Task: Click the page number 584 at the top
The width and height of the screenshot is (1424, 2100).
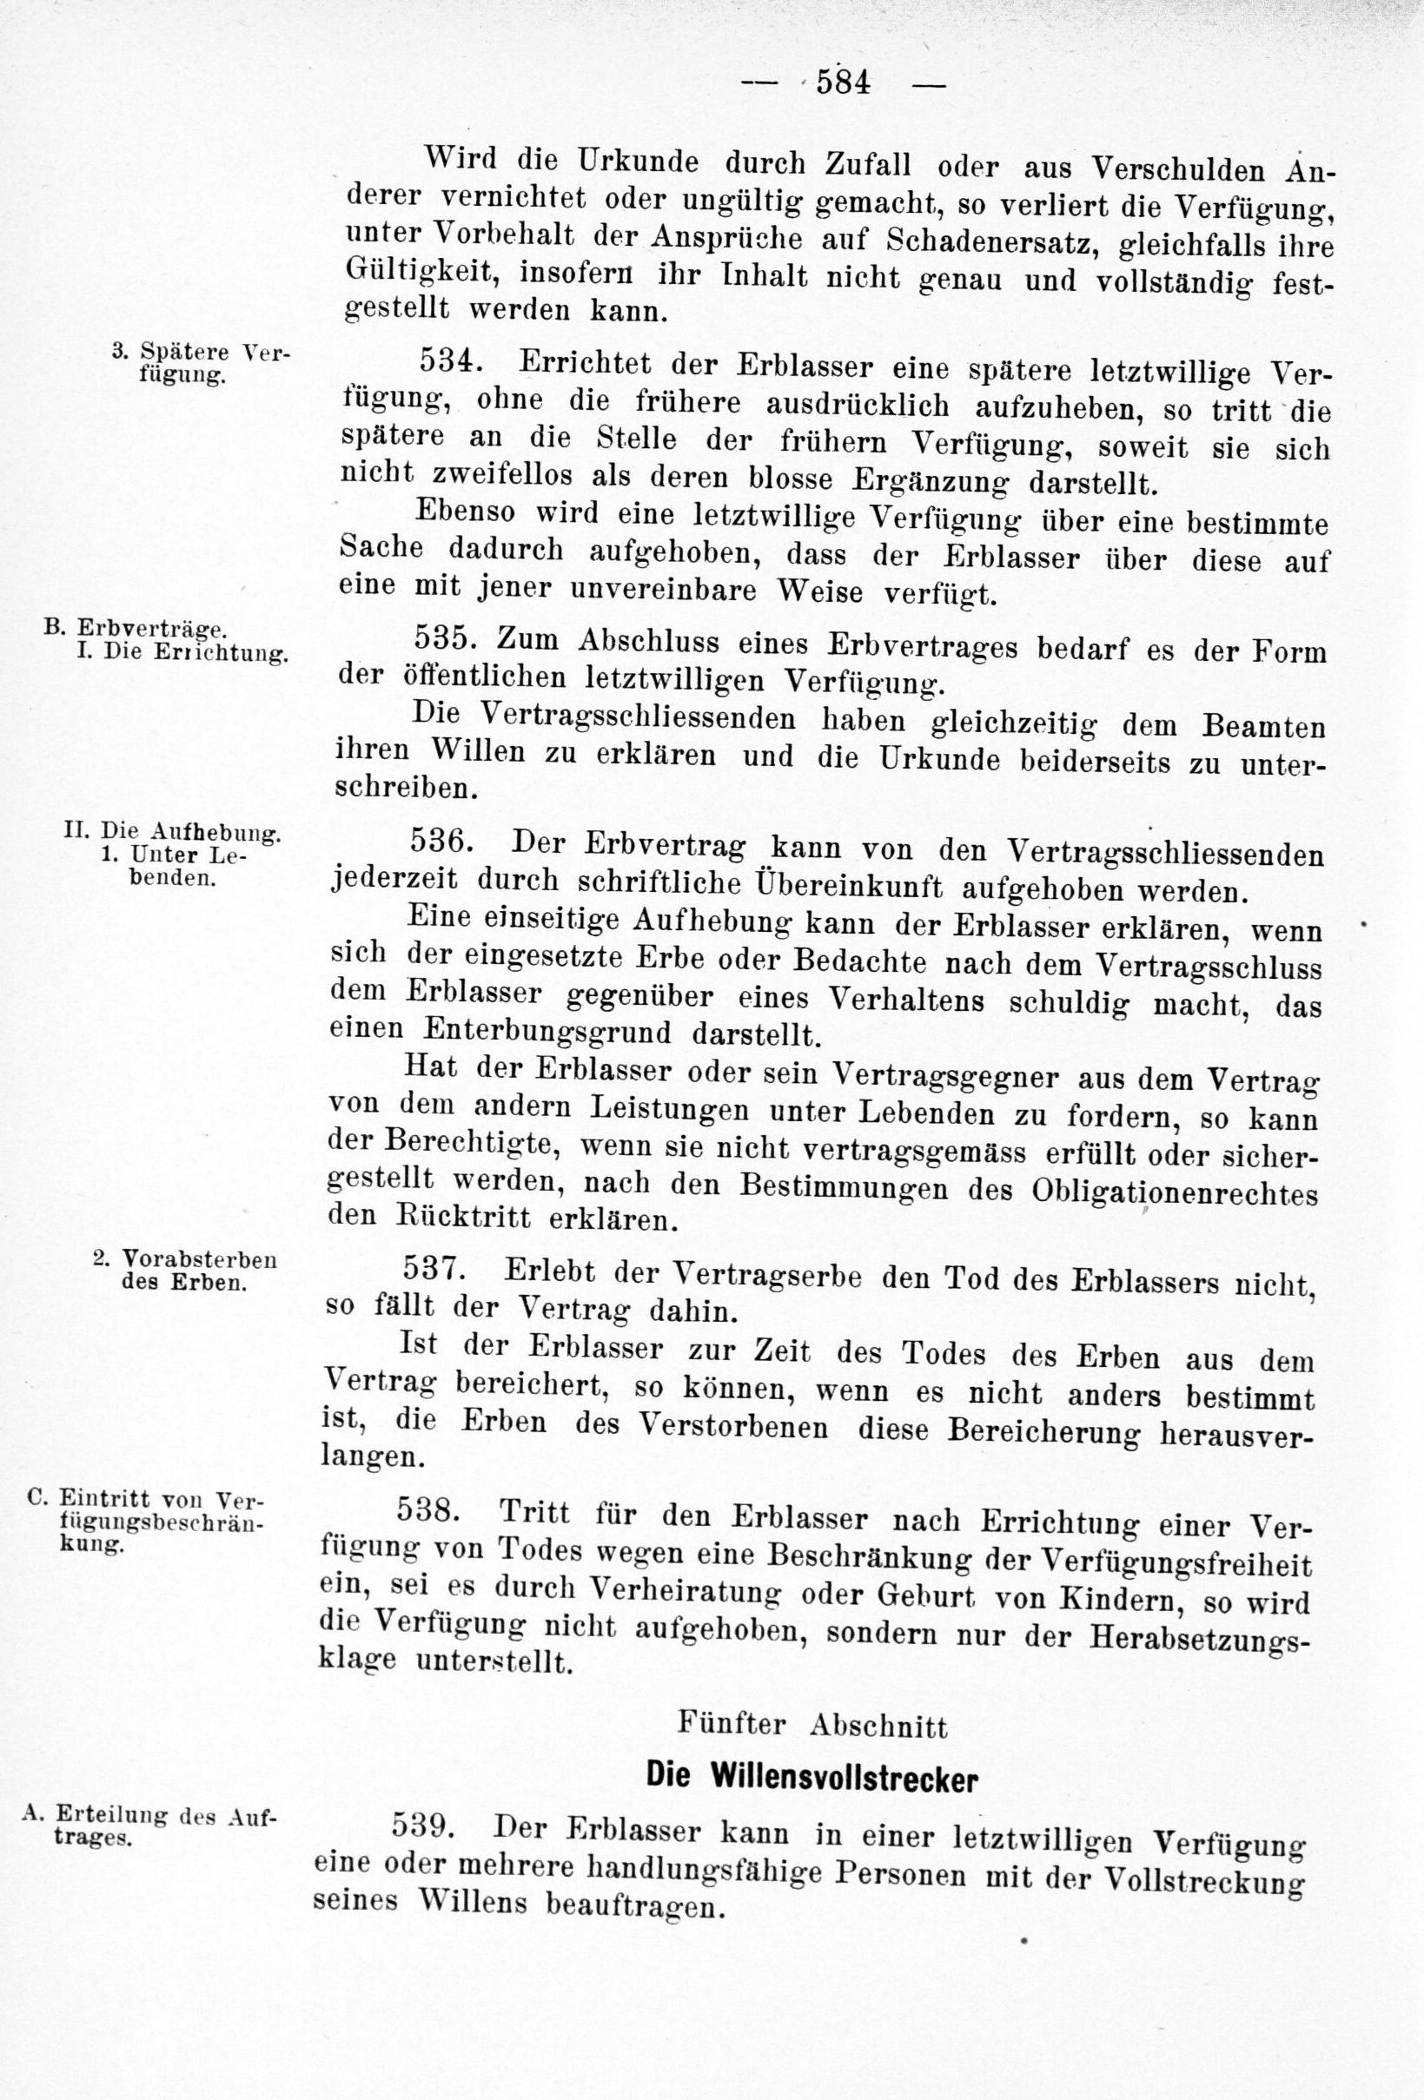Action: [842, 83]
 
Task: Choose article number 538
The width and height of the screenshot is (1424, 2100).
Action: [428, 1511]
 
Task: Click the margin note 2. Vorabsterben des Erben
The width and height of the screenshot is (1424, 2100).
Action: [184, 1271]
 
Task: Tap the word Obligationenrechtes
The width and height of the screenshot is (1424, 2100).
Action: [1174, 1191]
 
